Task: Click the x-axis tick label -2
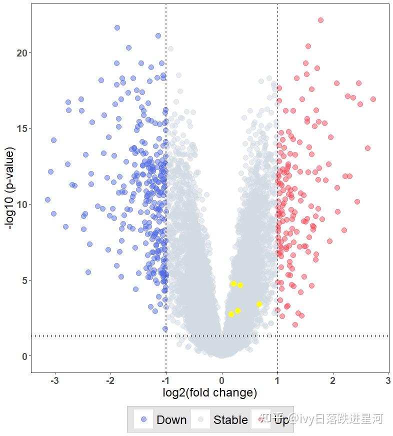(x=109, y=381)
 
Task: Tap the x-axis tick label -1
(x=165, y=381)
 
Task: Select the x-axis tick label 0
(x=222, y=381)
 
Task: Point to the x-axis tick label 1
(x=277, y=381)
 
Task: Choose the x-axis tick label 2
(x=333, y=381)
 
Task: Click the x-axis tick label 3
(x=388, y=381)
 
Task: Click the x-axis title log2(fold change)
(x=209, y=393)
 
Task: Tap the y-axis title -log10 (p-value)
(x=9, y=187)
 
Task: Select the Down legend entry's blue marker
(x=144, y=419)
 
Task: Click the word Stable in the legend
(x=230, y=420)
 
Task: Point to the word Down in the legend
(x=171, y=420)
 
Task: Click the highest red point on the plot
(x=320, y=20)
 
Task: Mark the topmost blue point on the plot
(x=117, y=28)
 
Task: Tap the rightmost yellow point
(x=259, y=304)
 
